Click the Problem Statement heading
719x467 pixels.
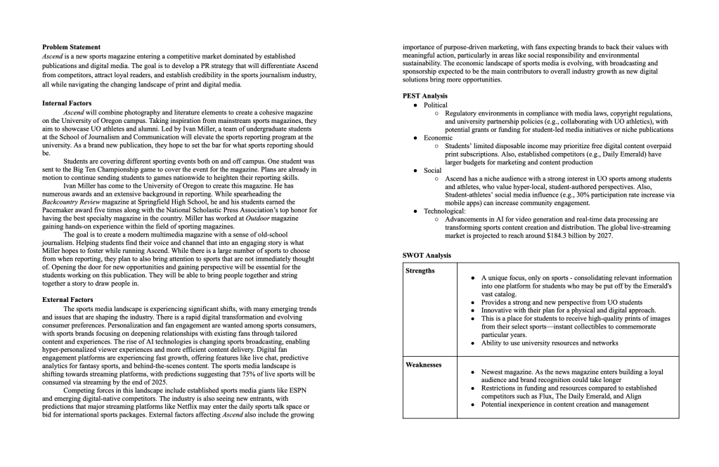point(71,47)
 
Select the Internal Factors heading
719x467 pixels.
point(66,103)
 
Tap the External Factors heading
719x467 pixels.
point(67,300)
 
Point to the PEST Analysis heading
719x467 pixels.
point(425,96)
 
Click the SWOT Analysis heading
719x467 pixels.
point(427,255)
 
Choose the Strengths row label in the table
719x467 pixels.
point(420,270)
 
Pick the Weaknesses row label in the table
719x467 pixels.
point(425,365)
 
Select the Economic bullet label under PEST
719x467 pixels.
point(439,138)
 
